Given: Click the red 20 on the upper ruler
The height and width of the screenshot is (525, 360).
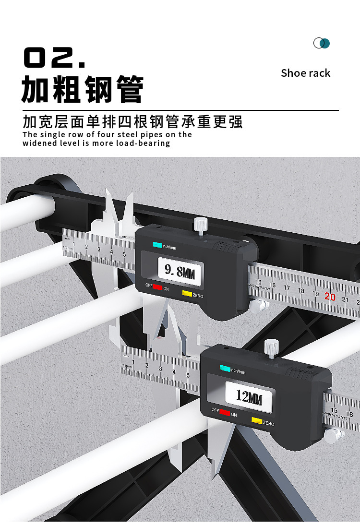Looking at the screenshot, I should pyautogui.click(x=330, y=297).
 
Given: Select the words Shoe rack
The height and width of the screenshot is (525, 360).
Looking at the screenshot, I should pyautogui.click(x=305, y=73).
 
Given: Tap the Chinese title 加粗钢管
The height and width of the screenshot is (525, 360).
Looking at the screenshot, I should pyautogui.click(x=83, y=90).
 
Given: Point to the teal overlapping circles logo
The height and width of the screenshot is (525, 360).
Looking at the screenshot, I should pyautogui.click(x=322, y=43).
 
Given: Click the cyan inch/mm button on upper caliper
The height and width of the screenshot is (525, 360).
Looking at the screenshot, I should pyautogui.click(x=157, y=245).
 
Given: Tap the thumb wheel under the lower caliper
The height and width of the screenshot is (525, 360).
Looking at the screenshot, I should pyautogui.click(x=332, y=435).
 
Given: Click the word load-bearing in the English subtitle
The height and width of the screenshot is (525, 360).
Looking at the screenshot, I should pyautogui.click(x=143, y=143).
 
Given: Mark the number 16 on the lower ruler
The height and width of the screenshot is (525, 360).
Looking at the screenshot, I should pyautogui.click(x=349, y=414).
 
